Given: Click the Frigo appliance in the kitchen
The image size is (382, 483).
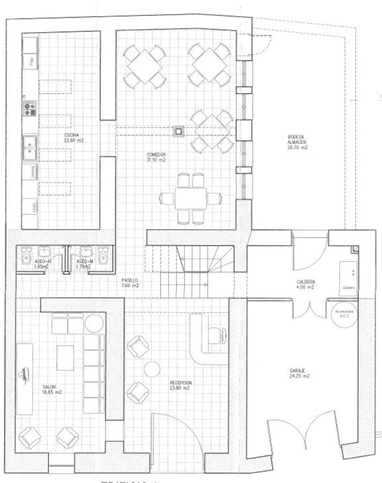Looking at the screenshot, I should click(x=30, y=62).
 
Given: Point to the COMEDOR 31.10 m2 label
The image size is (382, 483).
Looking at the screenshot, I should click(x=156, y=157).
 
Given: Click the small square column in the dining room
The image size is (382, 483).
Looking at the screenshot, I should click(x=178, y=131).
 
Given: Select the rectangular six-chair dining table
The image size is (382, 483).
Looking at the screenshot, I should click(x=191, y=198).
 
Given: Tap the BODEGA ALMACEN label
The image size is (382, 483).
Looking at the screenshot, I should click(x=296, y=142).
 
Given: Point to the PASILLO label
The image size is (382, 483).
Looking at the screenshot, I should click(x=130, y=283).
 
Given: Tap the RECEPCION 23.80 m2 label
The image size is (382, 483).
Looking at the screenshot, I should click(x=180, y=385).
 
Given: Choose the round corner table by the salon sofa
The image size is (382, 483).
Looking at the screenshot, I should click(x=94, y=323).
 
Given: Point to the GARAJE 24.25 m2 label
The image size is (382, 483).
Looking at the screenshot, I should click(x=299, y=373).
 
